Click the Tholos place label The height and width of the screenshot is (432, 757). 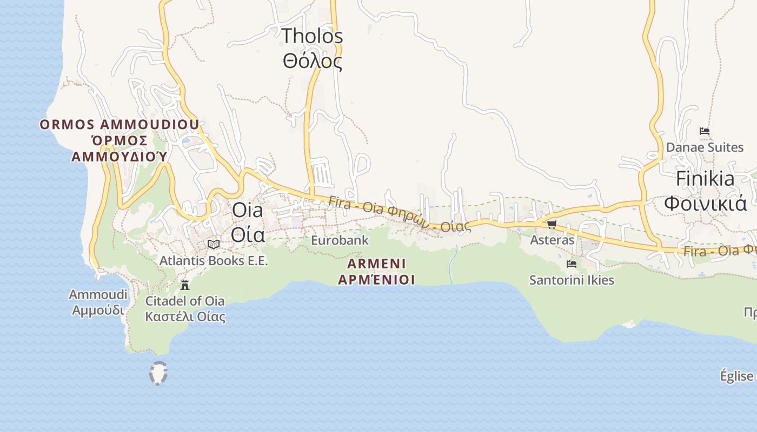313,36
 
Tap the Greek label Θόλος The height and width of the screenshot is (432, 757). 313,61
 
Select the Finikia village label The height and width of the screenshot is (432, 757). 705,179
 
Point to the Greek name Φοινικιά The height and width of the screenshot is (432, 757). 705,204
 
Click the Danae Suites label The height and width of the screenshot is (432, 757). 705,147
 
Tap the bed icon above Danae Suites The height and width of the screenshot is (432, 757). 704,131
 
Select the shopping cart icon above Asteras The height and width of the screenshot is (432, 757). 552,224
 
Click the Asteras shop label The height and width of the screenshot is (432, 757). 552,240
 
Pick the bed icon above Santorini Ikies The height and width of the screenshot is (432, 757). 572,264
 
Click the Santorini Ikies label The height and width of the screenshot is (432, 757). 572,280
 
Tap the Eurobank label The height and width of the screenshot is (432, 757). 340,240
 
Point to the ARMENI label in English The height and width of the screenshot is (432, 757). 376,264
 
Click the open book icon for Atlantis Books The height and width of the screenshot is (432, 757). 214,245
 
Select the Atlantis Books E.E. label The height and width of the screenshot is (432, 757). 214,261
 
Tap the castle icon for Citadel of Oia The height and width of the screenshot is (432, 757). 185,285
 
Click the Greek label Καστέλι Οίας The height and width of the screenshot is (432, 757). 185,316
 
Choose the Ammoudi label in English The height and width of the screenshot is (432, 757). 98,295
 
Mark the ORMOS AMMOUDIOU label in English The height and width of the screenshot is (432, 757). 119,125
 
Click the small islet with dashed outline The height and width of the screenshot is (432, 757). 158,373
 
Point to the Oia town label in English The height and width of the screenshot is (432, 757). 247,210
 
